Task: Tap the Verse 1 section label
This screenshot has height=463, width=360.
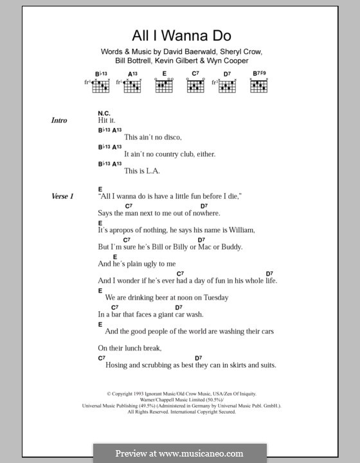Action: [x=63, y=196]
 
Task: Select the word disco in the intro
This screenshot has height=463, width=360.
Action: [x=172, y=138]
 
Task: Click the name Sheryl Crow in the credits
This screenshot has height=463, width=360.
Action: [x=239, y=51]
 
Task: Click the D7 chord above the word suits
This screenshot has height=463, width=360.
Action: [x=199, y=358]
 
